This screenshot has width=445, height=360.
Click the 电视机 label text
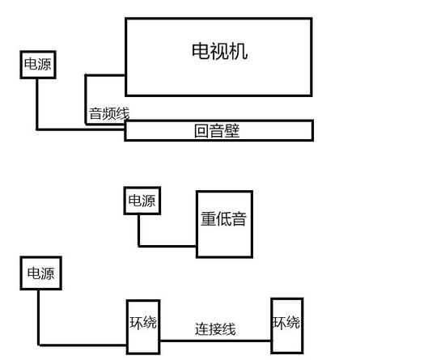(x=219, y=51)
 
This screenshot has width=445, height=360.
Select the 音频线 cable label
(x=109, y=113)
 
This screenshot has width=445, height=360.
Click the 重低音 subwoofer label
(x=223, y=218)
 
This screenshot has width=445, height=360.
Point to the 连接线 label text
(x=215, y=329)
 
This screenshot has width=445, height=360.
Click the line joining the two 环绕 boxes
(x=216, y=341)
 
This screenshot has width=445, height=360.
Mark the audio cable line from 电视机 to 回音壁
(x=86, y=100)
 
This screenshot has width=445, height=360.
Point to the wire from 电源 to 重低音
(x=139, y=246)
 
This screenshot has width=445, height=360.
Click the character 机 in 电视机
(x=239, y=51)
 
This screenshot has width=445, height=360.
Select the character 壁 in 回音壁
(x=232, y=131)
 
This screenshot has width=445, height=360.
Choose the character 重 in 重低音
(x=208, y=218)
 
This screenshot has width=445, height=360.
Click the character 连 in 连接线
(x=201, y=329)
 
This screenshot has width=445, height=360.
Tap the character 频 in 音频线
(x=109, y=113)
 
